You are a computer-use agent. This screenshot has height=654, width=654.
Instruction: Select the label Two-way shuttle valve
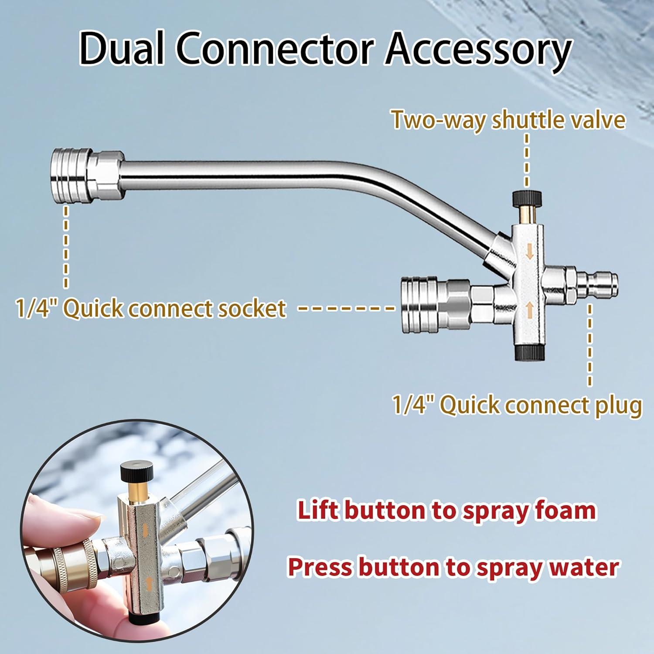coord(508,120)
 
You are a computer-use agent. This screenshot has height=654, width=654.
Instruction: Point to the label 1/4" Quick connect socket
coord(151,308)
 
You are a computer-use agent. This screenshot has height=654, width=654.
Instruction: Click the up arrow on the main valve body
coord(529,310)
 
